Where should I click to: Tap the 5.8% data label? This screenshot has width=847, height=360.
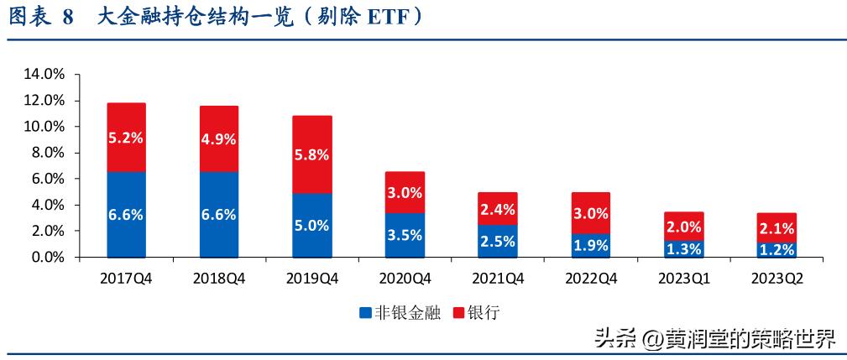[x=311, y=155]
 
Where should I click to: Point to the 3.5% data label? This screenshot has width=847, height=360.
[x=405, y=235]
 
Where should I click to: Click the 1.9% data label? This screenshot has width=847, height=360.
[x=590, y=245]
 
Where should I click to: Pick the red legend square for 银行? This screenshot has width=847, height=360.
[x=457, y=313]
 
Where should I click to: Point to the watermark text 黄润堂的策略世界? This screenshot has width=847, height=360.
[x=751, y=339]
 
